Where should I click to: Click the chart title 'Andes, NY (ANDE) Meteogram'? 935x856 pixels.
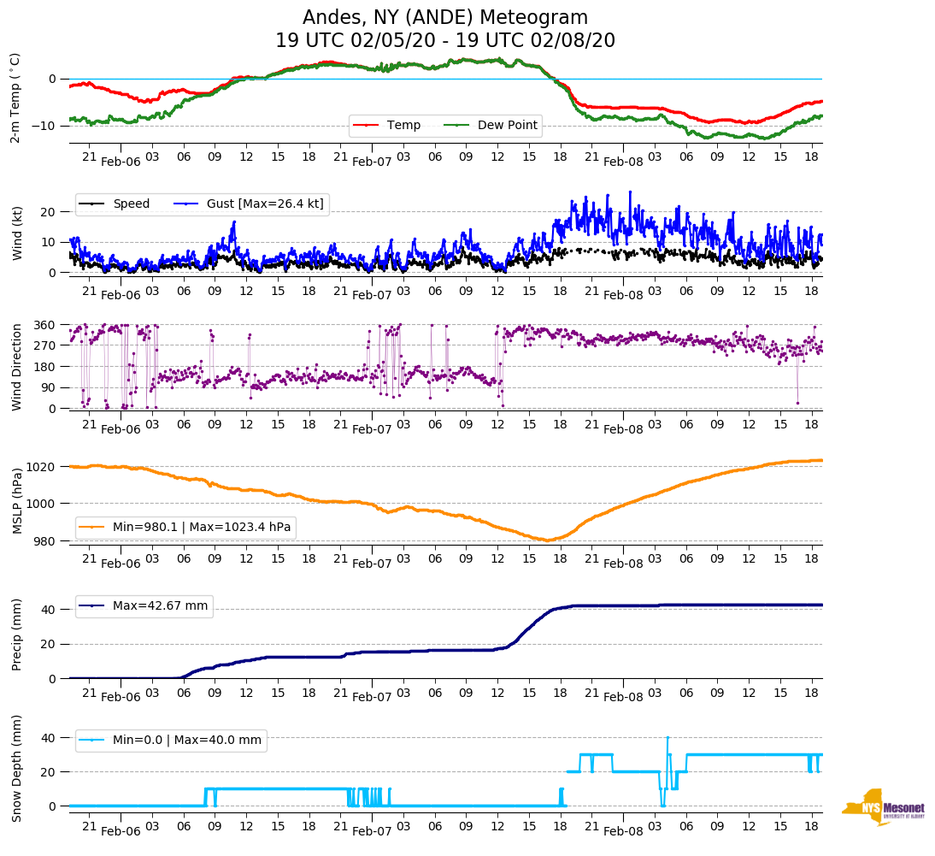tap(445, 18)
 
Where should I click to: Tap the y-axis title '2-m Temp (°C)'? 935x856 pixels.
tap(15, 97)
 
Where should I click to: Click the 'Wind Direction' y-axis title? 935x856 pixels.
tap(17, 366)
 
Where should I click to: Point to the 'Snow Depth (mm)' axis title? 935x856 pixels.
tap(17, 768)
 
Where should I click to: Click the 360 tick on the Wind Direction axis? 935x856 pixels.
tap(45, 325)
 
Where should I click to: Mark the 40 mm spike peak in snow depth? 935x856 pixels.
tap(667, 737)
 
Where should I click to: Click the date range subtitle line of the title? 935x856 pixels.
tap(445, 41)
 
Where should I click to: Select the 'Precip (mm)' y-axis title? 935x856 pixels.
tap(17, 635)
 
